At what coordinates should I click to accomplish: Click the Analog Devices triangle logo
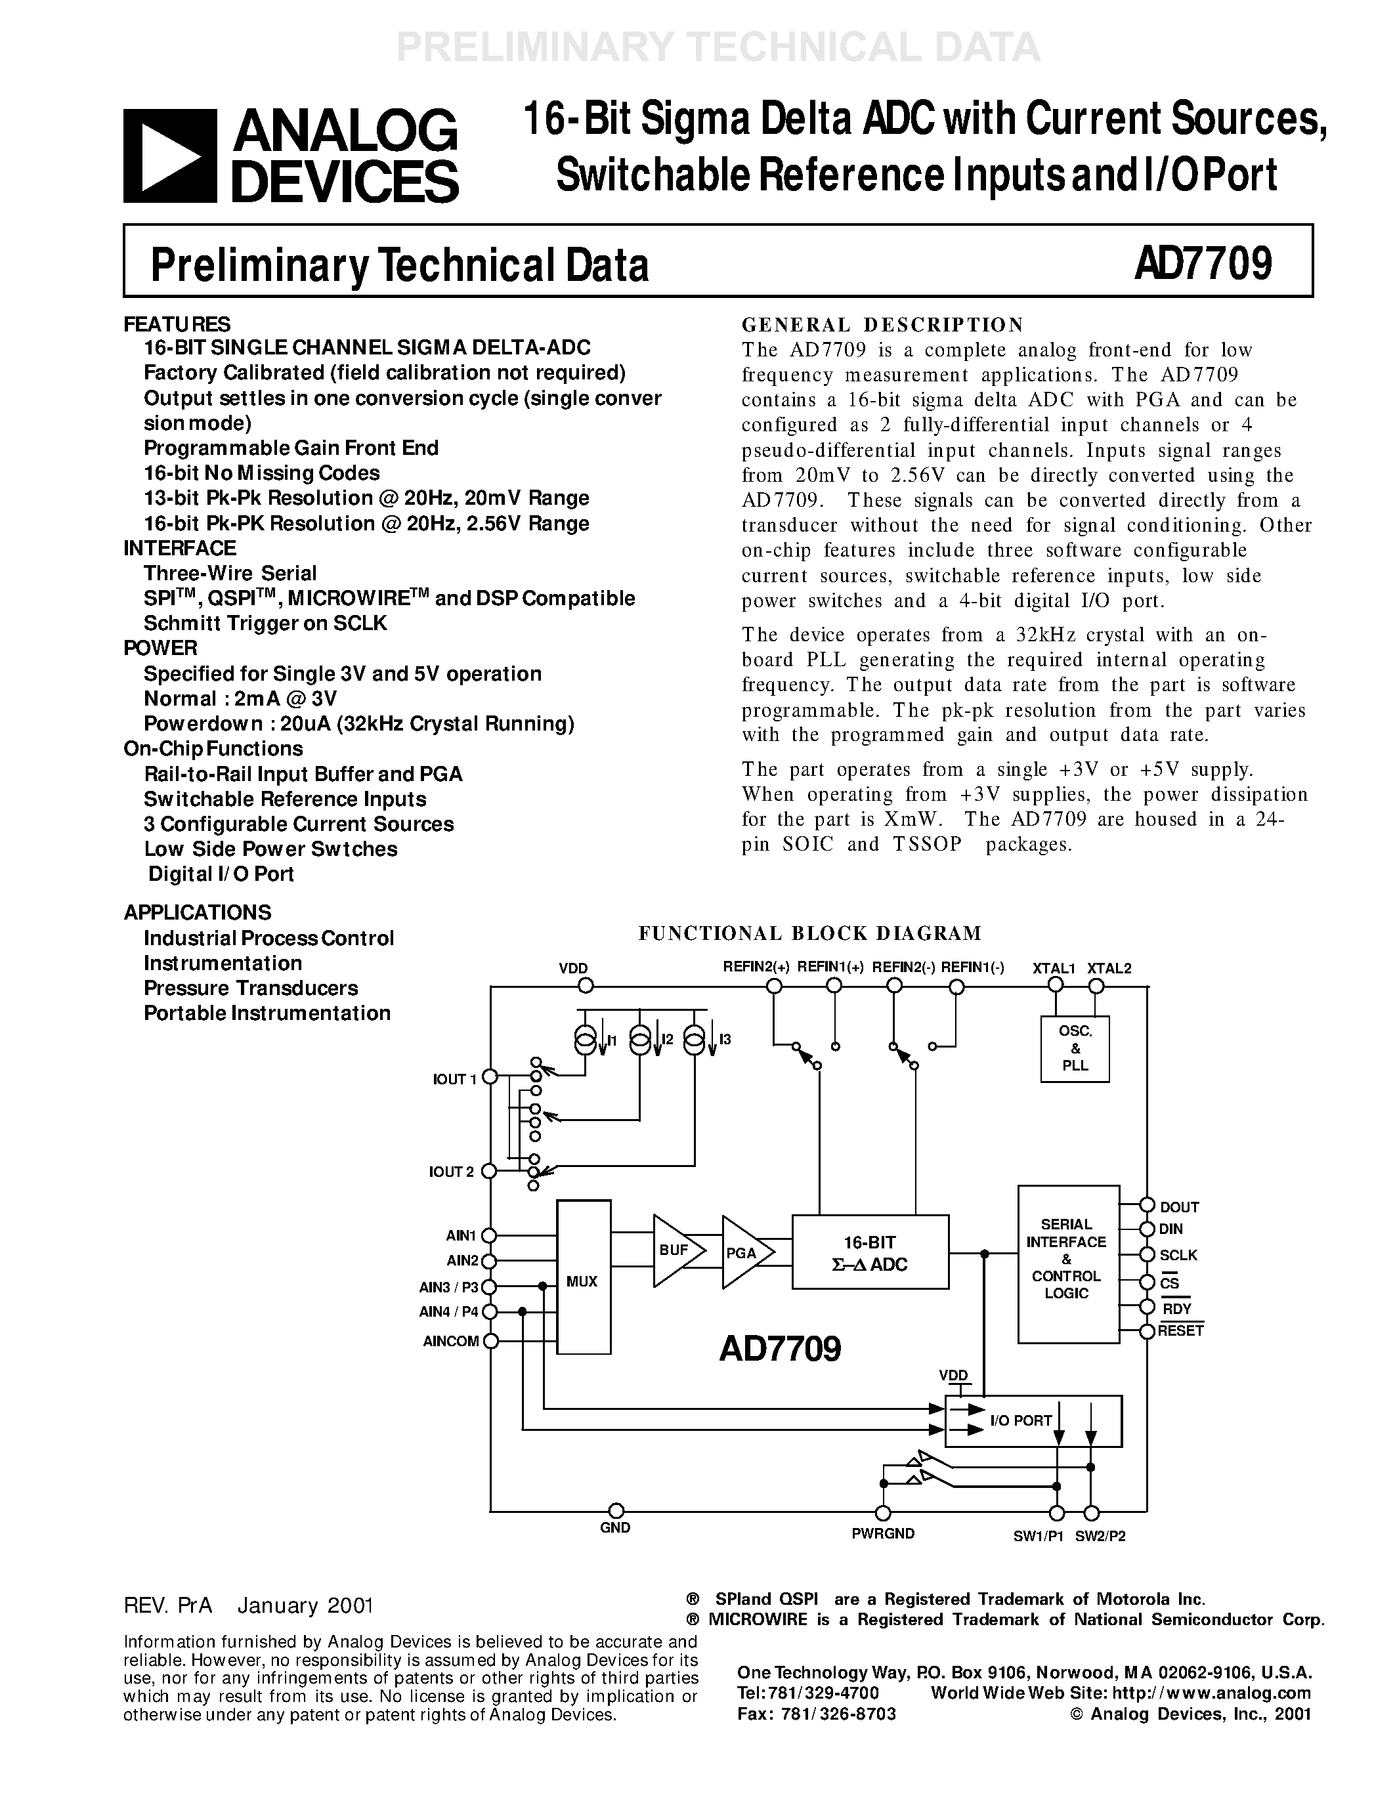coord(170,156)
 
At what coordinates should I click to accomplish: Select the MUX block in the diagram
coord(583,1281)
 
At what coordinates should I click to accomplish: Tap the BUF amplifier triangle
coord(676,1250)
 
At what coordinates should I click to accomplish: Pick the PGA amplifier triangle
coord(744,1253)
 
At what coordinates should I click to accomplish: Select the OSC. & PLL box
coord(1075,1048)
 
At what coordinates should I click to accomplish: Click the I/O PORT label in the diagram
coord(1021,1420)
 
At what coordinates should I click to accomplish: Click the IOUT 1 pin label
coord(454,1079)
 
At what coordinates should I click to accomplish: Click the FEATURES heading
coord(177,324)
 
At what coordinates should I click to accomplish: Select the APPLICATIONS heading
coord(198,912)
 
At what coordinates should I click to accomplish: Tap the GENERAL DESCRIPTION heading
coord(882,325)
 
